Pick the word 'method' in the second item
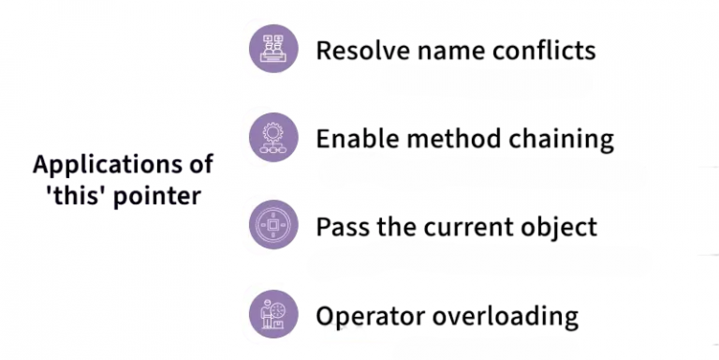449,139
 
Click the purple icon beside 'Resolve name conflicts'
273,49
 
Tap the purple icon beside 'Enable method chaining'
273,138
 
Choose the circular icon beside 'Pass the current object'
273,226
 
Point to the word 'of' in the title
198,165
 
